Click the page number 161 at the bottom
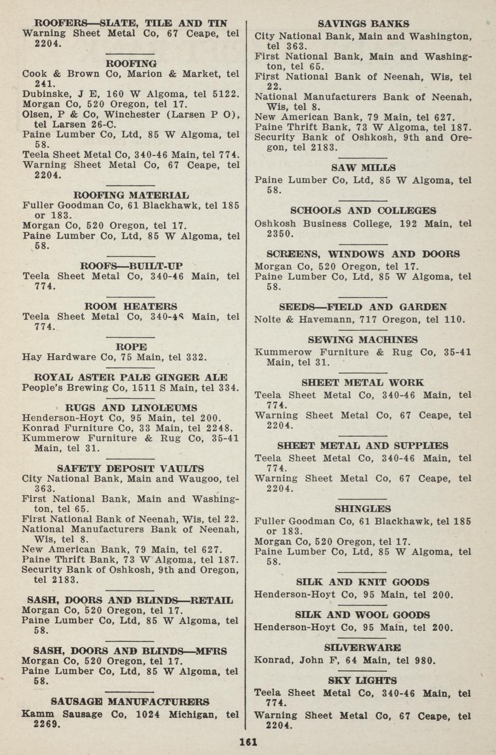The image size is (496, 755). [x=248, y=742]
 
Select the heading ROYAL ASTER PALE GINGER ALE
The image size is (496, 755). [x=130, y=377]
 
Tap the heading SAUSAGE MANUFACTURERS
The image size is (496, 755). [x=130, y=701]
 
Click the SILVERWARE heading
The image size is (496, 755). [x=362, y=648]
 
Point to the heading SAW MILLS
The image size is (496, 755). [x=363, y=168]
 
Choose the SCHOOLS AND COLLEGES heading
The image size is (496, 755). [x=363, y=211]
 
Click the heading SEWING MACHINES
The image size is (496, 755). [x=362, y=340]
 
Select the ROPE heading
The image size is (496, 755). [x=131, y=347]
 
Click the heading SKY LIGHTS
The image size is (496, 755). [x=362, y=681]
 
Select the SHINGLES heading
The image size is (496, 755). [x=362, y=509]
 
